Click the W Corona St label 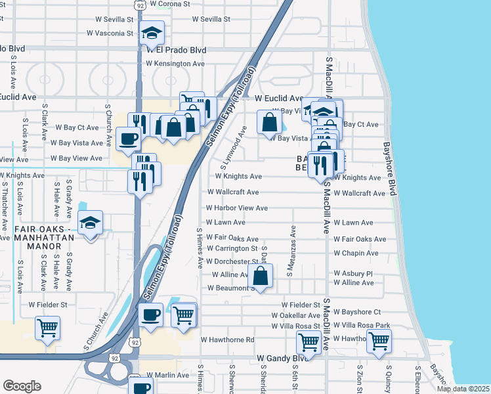[x=169, y=3]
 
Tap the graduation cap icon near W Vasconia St [x=152, y=33]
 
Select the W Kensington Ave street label [x=175, y=64]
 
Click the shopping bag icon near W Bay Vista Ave [x=270, y=121]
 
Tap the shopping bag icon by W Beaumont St [x=261, y=276]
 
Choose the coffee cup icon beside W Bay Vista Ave [x=127, y=138]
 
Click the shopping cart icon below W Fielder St [x=47, y=328]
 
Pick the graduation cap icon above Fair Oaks [x=90, y=223]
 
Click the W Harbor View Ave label [x=237, y=208]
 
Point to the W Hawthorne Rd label [x=227, y=340]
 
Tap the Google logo [x=22, y=386]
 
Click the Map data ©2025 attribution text [x=462, y=389]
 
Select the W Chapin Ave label [x=356, y=253]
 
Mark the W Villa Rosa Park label [x=362, y=326]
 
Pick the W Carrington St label [x=232, y=249]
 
